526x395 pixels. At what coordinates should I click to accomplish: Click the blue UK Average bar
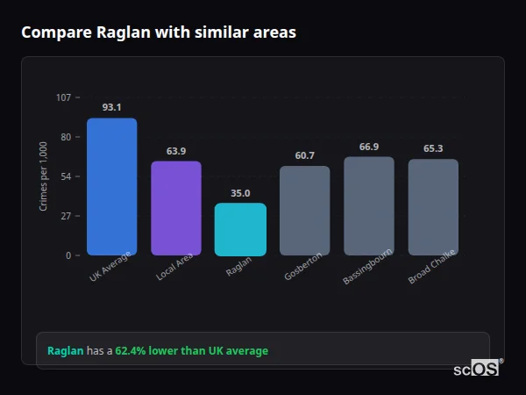111,187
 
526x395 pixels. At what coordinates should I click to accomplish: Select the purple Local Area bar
175,208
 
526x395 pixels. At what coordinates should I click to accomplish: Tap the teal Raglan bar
240,229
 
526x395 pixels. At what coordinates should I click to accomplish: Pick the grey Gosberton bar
304,211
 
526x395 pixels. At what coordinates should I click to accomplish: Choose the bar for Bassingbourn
368,206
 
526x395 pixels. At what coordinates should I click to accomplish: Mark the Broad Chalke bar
433,207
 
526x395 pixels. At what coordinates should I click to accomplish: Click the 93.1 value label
111,107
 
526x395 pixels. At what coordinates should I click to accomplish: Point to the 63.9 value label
175,151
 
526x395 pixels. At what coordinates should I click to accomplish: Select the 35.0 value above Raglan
240,193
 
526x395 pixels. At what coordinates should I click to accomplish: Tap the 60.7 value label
304,155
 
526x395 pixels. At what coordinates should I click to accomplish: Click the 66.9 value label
368,147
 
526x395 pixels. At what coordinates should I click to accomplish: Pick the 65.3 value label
433,148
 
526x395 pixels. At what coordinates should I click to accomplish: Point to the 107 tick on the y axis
63,97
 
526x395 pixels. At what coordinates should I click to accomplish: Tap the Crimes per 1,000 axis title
43,176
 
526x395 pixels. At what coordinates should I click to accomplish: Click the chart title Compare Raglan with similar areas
159,32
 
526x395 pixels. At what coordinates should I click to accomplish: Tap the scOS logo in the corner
476,370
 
